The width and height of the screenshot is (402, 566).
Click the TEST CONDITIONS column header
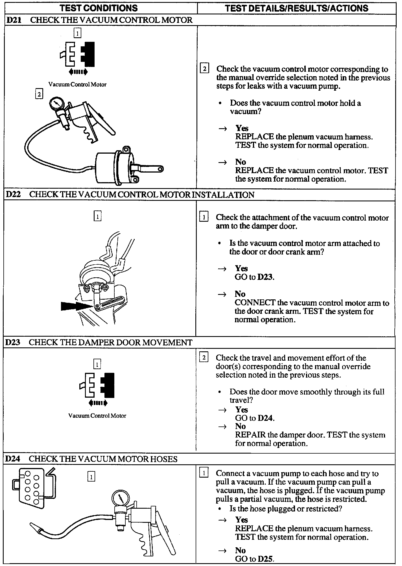pyautogui.click(x=99, y=8)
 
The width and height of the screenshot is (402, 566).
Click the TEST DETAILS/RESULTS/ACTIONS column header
pyautogui.click(x=296, y=8)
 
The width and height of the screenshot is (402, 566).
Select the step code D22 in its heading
pyautogui.click(x=13, y=195)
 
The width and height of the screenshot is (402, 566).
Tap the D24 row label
pyautogui.click(x=13, y=459)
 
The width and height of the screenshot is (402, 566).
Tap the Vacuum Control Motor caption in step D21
pyautogui.click(x=77, y=84)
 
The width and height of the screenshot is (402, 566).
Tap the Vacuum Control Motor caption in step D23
pyautogui.click(x=97, y=416)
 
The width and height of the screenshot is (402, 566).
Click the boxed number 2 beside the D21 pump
pyautogui.click(x=39, y=94)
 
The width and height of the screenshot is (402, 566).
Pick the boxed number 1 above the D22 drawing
pyautogui.click(x=97, y=217)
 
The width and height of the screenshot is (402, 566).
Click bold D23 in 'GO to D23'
pyautogui.click(x=265, y=277)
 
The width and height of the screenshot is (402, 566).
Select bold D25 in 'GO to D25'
pyautogui.click(x=266, y=559)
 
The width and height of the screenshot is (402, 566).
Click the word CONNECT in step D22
pyautogui.click(x=255, y=303)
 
